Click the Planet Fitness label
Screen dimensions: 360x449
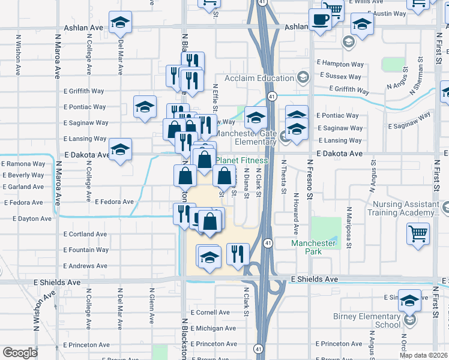(x=242, y=160)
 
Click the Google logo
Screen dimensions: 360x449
(x=20, y=353)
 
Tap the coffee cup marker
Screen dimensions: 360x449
(x=320, y=20)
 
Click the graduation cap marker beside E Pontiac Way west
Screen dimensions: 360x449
(x=144, y=107)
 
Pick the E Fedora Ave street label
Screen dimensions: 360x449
(x=114, y=202)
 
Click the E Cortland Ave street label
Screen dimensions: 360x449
(x=85, y=234)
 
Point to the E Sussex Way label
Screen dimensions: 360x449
(x=341, y=77)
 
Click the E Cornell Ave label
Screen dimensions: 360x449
(x=210, y=313)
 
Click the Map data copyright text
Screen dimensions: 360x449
(x=423, y=355)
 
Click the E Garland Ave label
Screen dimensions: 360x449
(x=23, y=187)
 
